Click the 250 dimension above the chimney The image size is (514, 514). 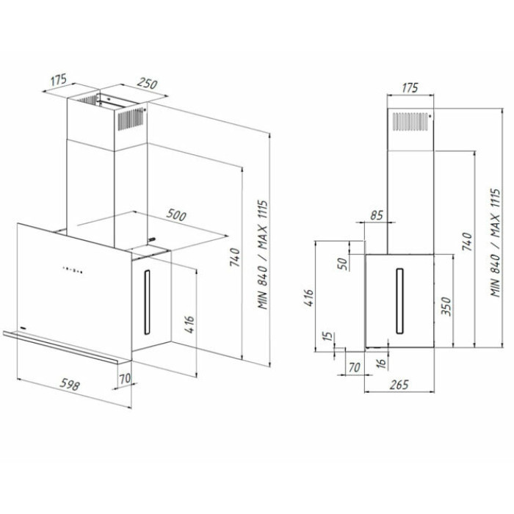click(x=147, y=84)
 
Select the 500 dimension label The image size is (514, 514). click(x=176, y=214)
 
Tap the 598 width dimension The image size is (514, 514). click(x=70, y=385)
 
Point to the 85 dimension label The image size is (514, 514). click(x=376, y=215)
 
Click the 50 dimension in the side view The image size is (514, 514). click(x=342, y=263)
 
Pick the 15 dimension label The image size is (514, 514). click(x=327, y=336)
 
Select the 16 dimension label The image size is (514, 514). click(x=381, y=363)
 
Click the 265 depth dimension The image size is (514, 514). click(x=399, y=385)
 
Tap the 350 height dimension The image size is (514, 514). click(x=446, y=306)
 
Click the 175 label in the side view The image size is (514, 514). click(x=410, y=87)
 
